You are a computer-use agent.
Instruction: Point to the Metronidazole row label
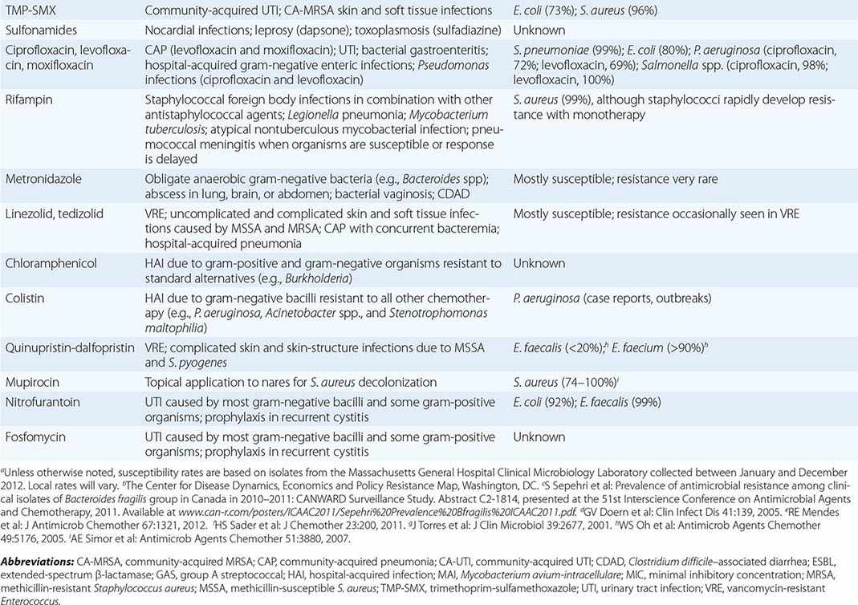(41, 179)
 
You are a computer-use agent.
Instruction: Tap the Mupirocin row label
(33, 382)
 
